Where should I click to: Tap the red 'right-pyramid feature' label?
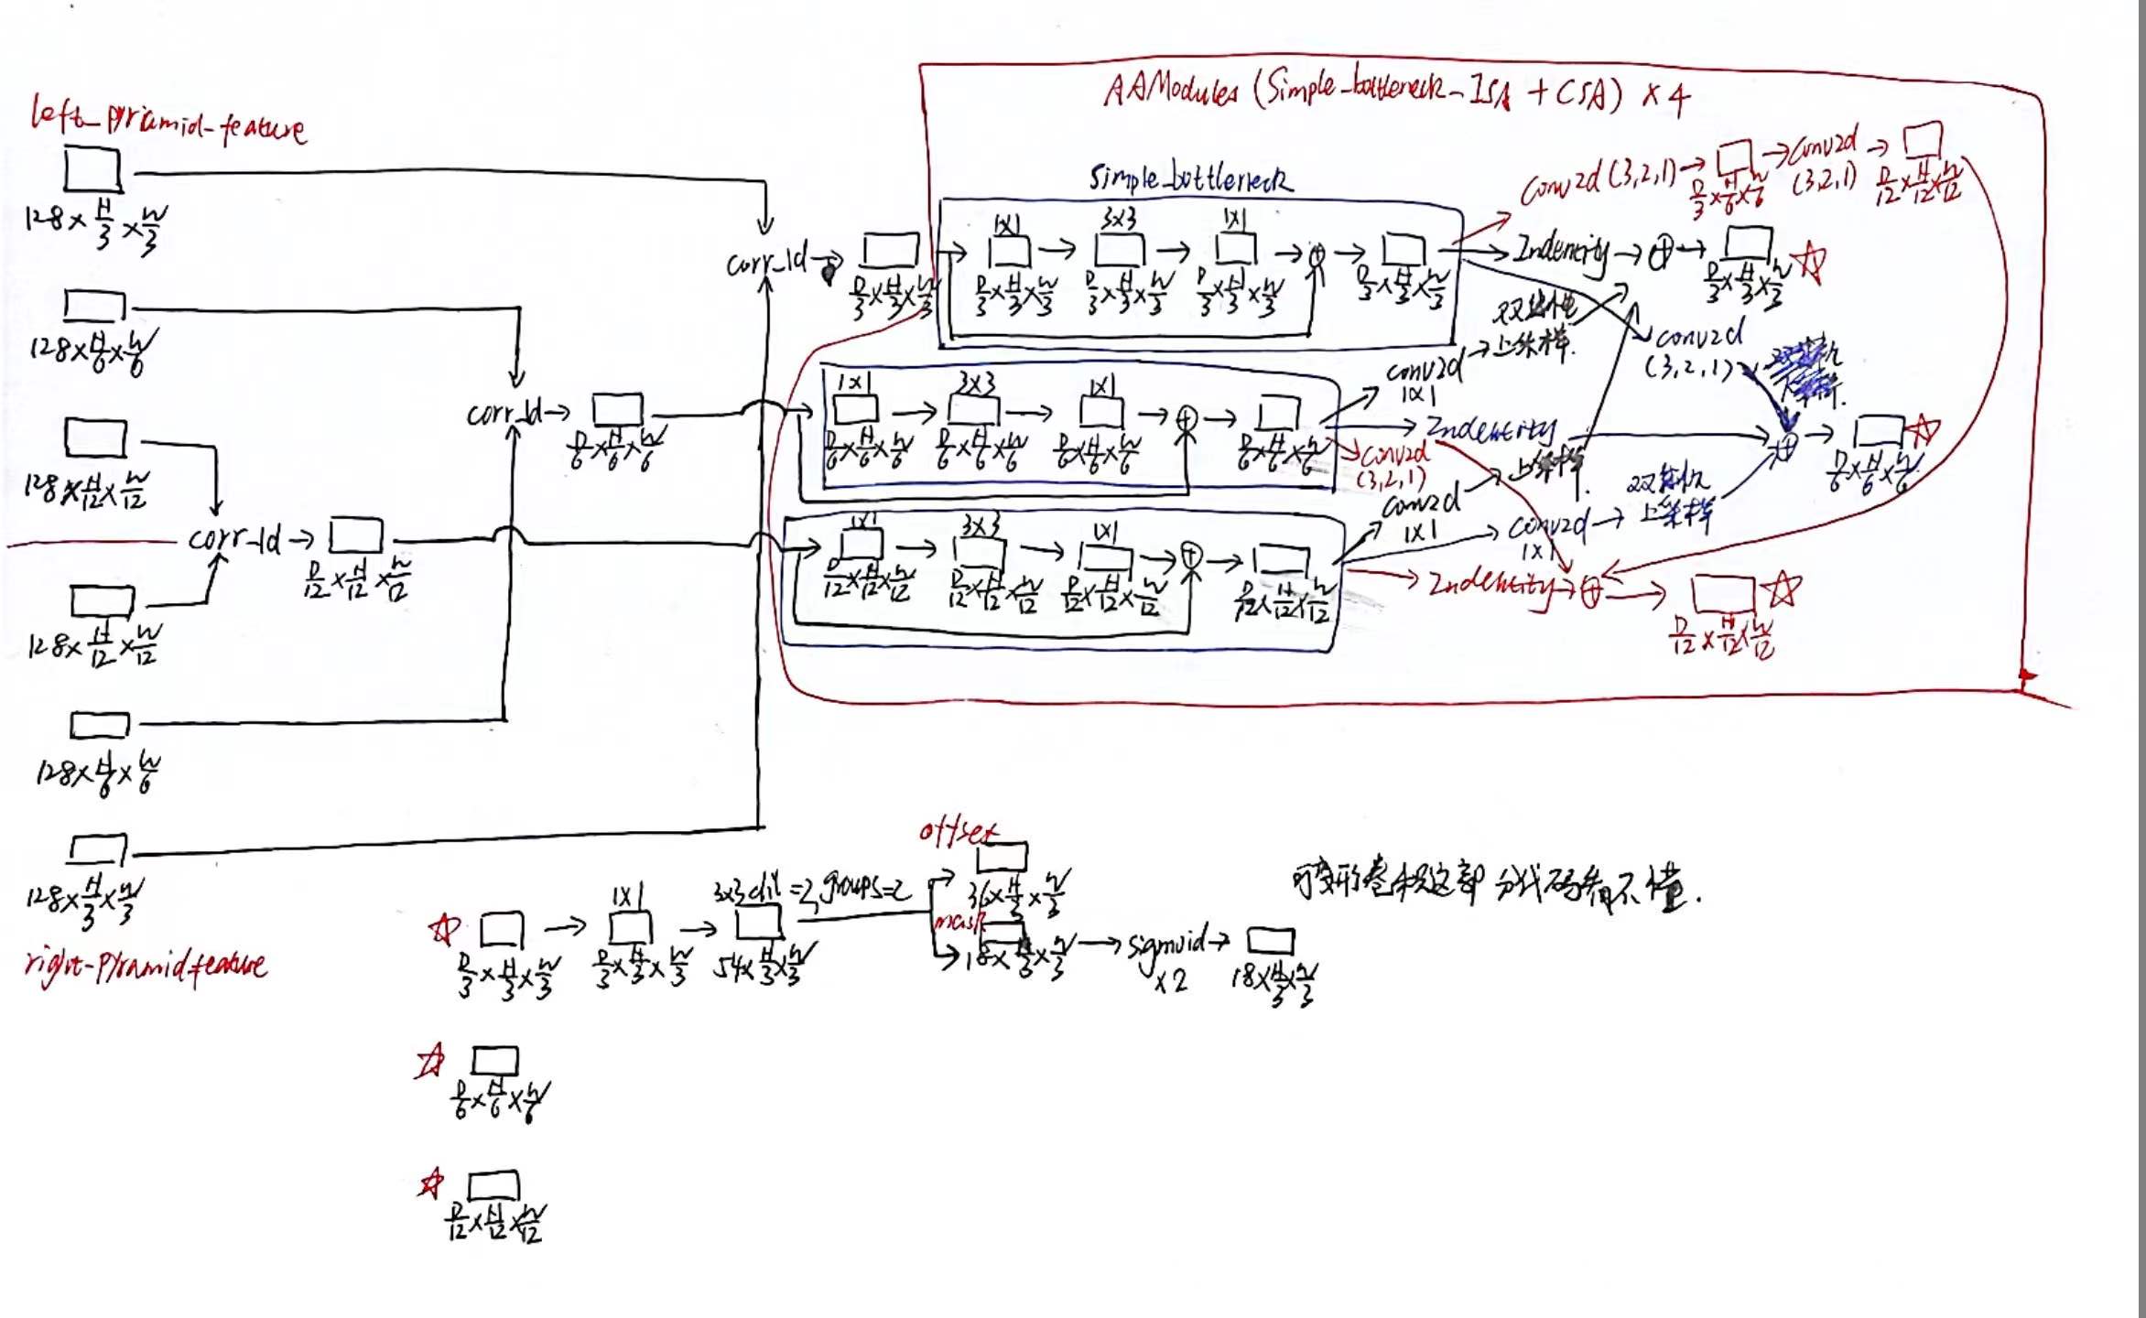[x=146, y=965]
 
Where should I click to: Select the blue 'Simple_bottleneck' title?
[x=1190, y=178]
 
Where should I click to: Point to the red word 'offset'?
[x=958, y=831]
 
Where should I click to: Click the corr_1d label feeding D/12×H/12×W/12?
[x=234, y=539]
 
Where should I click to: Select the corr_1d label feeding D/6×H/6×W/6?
[x=504, y=414]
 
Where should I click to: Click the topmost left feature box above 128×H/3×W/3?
[x=92, y=169]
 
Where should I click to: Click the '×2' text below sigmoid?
[x=1169, y=981]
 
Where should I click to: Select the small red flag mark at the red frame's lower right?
[x=2028, y=678]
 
